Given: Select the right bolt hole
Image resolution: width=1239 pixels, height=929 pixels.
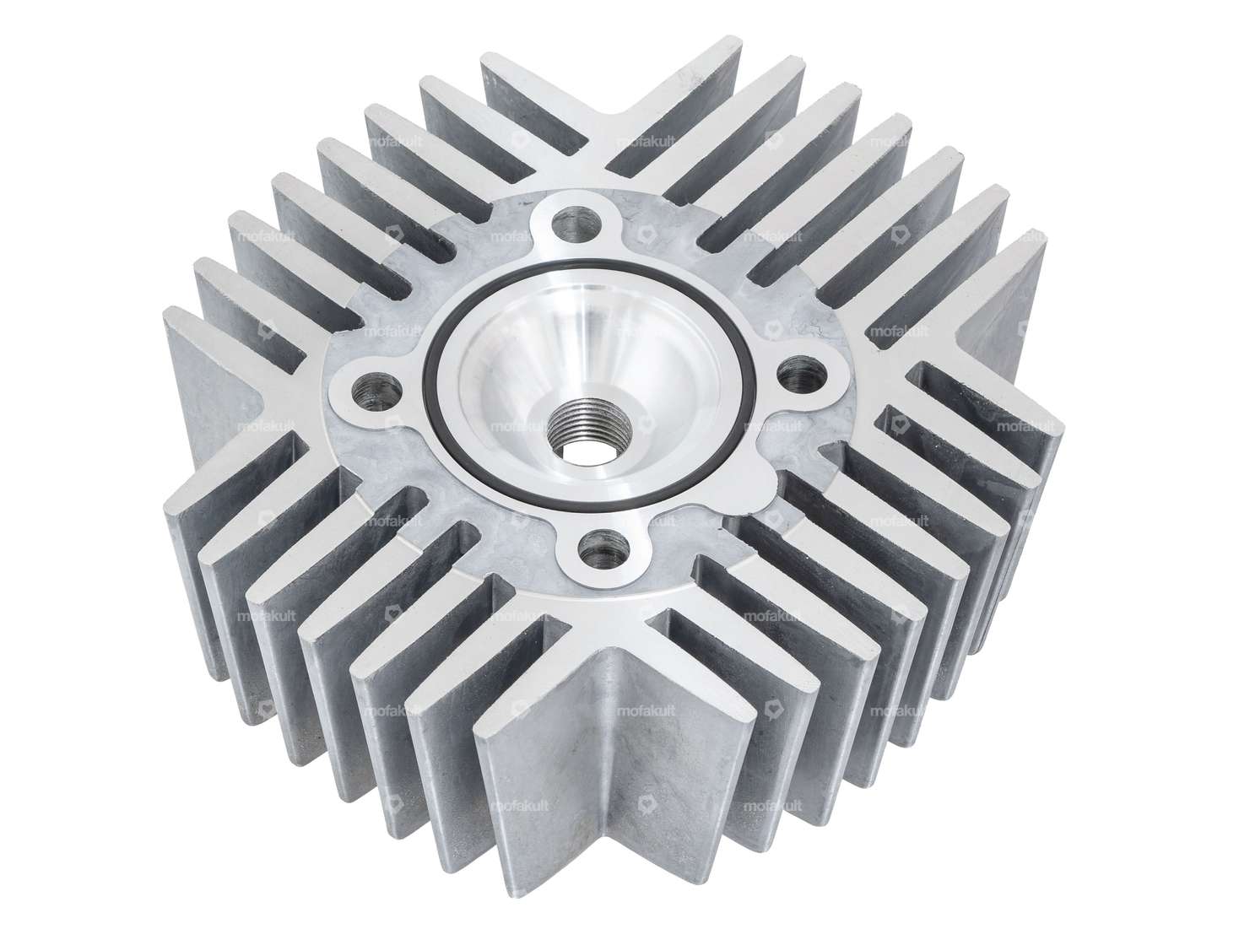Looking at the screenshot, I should pos(800,373).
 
